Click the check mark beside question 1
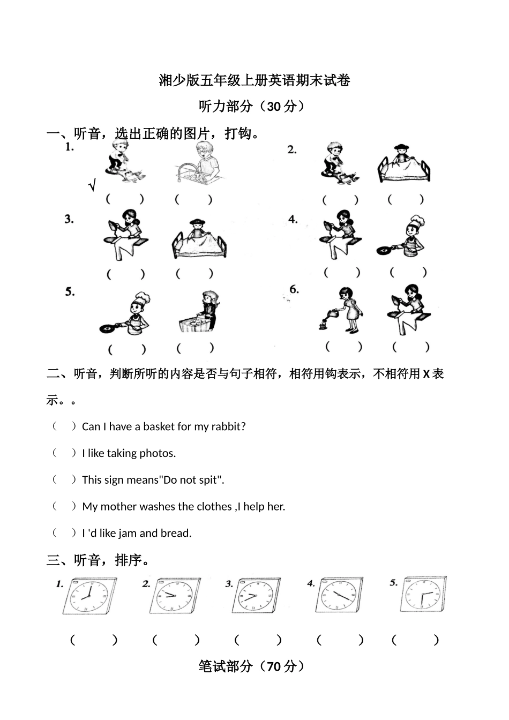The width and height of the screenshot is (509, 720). pyautogui.click(x=92, y=186)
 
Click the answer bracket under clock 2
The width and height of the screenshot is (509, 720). pyautogui.click(x=176, y=640)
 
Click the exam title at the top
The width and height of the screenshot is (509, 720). pyautogui.click(x=254, y=81)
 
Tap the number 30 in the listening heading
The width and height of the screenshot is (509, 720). pyautogui.click(x=274, y=107)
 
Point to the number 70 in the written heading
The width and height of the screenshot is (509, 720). pyautogui.click(x=274, y=667)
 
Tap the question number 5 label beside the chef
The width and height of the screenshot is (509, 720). pyautogui.click(x=70, y=292)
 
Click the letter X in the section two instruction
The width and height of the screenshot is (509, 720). pyautogui.click(x=426, y=374)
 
